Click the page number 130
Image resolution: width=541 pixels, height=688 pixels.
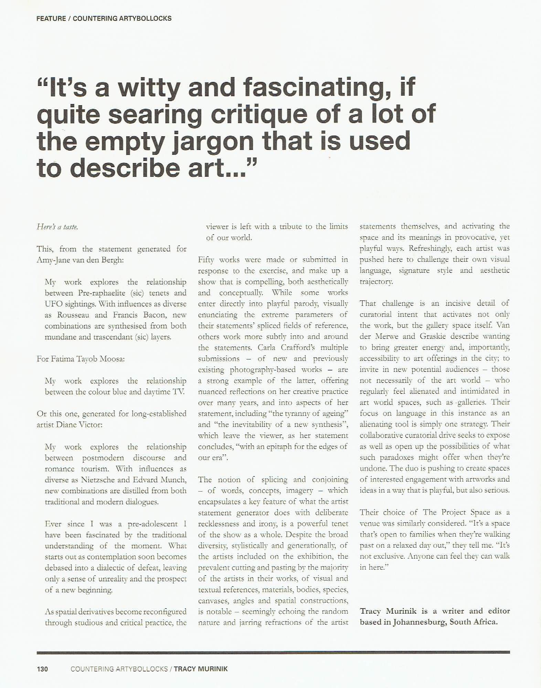click(42, 669)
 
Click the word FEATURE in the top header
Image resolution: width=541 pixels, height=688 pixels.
click(51, 18)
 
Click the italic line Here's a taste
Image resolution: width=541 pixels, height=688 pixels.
click(57, 227)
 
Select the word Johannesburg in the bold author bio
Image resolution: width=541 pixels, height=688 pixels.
click(417, 622)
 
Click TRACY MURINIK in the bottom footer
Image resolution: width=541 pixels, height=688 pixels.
click(201, 669)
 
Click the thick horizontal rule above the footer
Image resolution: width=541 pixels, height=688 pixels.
click(273, 652)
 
